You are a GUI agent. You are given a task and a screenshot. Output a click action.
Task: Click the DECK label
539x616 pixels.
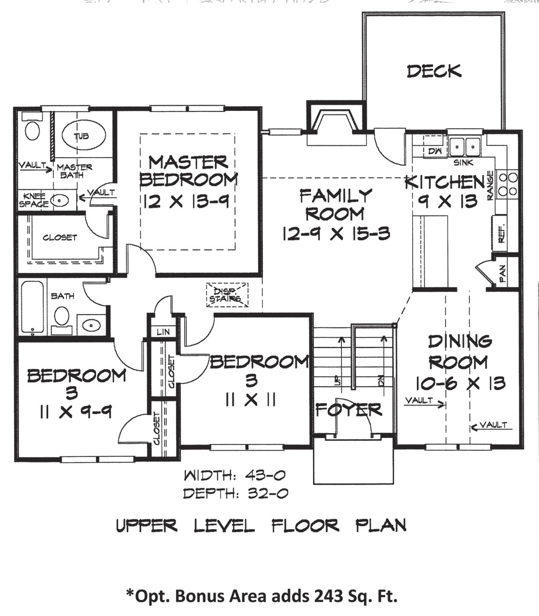[434, 71]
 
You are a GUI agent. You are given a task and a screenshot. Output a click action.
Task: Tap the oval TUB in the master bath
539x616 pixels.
[81, 136]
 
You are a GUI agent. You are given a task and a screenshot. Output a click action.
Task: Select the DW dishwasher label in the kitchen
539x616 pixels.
[434, 151]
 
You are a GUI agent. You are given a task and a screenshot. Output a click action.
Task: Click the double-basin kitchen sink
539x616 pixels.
[465, 146]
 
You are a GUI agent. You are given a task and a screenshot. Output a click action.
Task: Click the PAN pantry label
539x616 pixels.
[503, 273]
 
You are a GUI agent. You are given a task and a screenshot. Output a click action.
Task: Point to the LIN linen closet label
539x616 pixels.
[163, 332]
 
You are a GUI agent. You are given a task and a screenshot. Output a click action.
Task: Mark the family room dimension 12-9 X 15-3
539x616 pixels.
[336, 234]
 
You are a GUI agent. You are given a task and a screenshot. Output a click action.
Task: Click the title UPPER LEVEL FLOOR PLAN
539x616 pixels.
[262, 526]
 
